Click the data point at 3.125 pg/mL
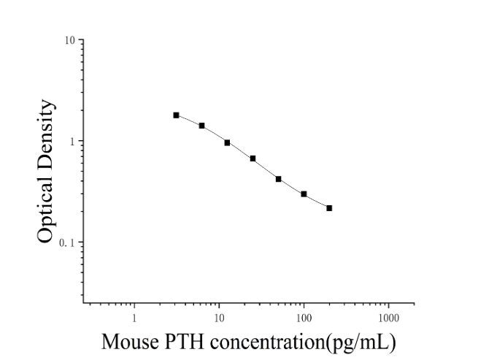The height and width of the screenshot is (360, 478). click(176, 115)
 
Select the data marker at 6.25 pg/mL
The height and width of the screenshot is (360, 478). click(202, 126)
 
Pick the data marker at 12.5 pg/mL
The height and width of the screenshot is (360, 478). click(227, 142)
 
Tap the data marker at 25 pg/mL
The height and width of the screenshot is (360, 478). click(253, 158)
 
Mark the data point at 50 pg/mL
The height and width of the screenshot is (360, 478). click(278, 179)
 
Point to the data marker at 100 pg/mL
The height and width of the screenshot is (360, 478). click(304, 194)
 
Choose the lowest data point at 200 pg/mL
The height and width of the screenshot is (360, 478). click(329, 208)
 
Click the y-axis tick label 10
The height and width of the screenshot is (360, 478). click(70, 40)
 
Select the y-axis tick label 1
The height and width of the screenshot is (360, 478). click(72, 141)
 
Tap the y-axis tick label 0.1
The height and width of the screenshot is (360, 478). click(67, 243)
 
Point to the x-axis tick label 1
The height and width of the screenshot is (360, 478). click(134, 318)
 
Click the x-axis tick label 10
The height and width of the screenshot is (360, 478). click(219, 318)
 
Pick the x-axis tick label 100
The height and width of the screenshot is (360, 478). click(304, 318)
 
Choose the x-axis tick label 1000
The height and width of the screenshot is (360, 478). click(389, 318)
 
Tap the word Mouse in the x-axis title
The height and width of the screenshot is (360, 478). click(130, 342)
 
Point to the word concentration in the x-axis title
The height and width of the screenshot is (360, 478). click(267, 342)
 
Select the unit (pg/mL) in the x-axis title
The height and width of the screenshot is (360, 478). click(361, 342)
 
